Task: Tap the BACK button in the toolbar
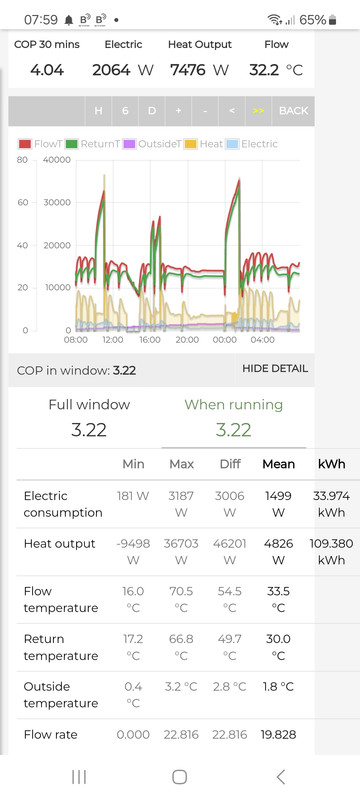293,110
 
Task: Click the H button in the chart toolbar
98,110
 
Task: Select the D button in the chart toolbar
152,110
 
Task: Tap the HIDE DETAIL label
275,368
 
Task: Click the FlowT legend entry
39,144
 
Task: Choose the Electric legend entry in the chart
252,144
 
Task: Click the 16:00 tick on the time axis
150,340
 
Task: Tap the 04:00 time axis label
263,340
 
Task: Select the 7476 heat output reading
191,69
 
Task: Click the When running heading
234,405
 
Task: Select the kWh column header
331,463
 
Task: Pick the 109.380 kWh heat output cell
331,551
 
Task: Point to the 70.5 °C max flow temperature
182,599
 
